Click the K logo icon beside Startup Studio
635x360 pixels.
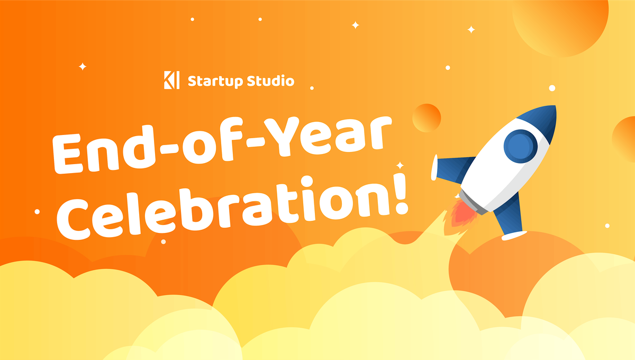[172, 81]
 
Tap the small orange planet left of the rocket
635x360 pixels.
[426, 118]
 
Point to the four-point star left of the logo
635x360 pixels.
[82, 66]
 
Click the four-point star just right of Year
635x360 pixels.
[400, 165]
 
